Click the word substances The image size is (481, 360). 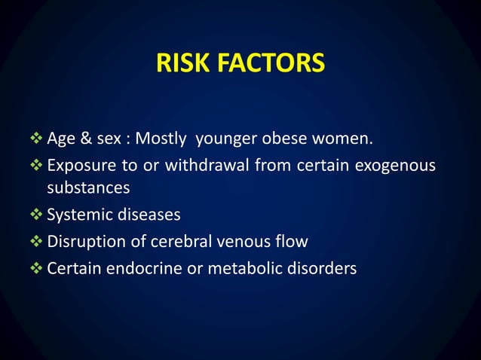tap(88, 188)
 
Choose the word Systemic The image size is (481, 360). tap(78, 216)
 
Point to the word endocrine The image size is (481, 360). tap(150, 267)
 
